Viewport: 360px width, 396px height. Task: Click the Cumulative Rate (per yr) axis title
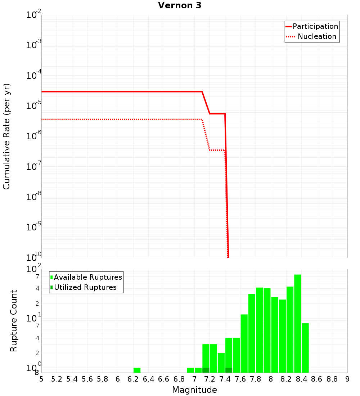coord(6,136)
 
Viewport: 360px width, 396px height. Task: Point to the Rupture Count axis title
coord(14,320)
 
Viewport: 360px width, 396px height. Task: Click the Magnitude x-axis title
coord(194,390)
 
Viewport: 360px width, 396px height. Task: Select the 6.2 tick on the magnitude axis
coord(133,379)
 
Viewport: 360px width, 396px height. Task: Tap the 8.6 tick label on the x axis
coord(317,379)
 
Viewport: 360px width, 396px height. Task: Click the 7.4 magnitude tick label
coord(225,379)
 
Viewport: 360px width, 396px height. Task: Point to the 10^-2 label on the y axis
coord(34,15)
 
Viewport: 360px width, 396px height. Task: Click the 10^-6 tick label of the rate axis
coord(34,136)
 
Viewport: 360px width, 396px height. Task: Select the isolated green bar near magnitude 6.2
coord(137,370)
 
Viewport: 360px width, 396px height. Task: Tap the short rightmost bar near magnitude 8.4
coord(305,348)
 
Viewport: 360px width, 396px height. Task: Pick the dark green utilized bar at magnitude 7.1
coord(206,370)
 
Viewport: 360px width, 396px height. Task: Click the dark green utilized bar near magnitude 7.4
coord(229,370)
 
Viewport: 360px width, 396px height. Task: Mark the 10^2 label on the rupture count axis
coord(34,269)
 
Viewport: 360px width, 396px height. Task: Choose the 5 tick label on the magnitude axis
coord(41,379)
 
